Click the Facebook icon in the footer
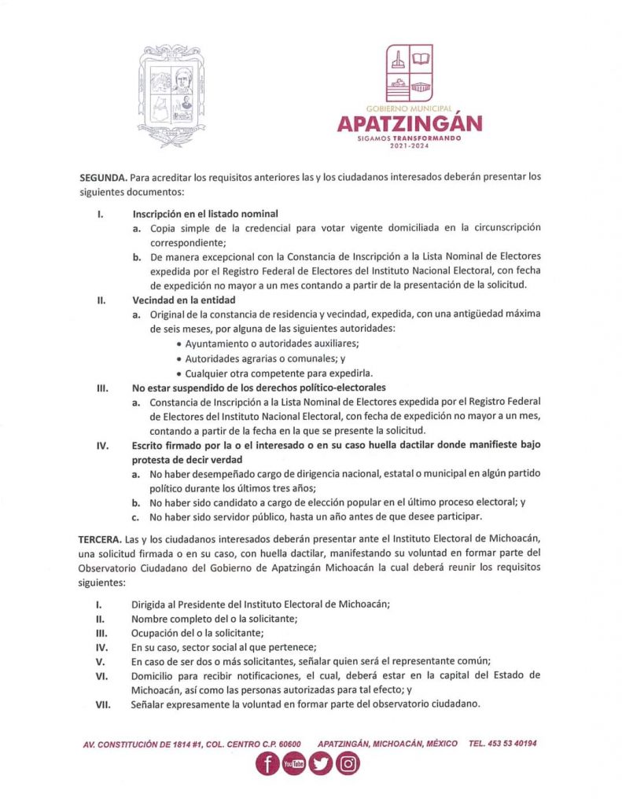click(x=267, y=764)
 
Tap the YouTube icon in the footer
click(x=293, y=764)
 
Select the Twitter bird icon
click(x=320, y=764)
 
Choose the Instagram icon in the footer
click(x=348, y=764)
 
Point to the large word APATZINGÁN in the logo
click(x=410, y=124)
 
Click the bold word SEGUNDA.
click(x=104, y=177)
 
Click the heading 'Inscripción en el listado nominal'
click(x=205, y=214)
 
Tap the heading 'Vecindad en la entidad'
click(x=183, y=300)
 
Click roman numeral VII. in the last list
click(x=101, y=704)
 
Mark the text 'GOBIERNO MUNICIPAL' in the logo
click(x=409, y=107)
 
